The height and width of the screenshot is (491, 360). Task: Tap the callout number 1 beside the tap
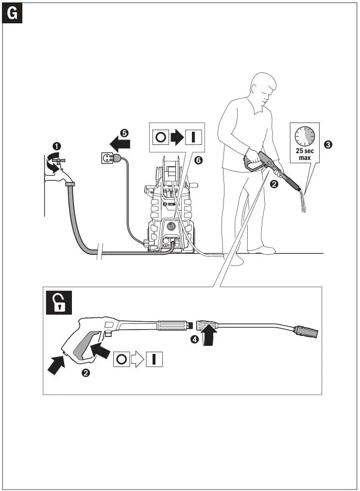pos(57,145)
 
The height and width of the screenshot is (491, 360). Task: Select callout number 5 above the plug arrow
pos(124,132)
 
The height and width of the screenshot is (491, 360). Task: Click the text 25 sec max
pos(305,155)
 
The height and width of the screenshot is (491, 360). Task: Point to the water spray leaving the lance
pos(302,202)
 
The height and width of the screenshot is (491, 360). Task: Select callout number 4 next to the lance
pos(194,340)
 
